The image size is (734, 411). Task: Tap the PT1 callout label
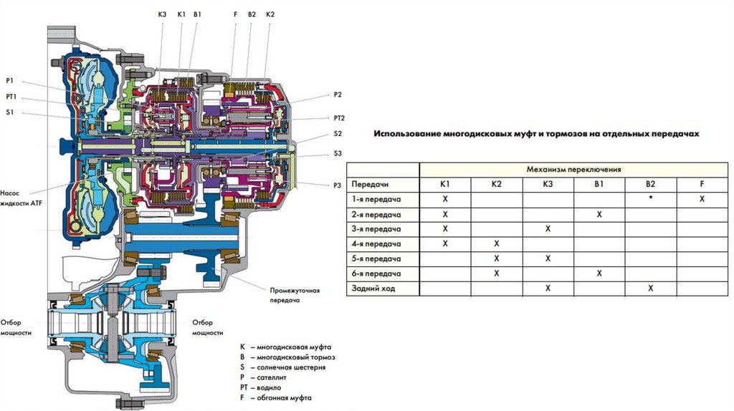11,97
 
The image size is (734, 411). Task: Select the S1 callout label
9,112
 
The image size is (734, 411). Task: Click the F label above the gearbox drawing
235,14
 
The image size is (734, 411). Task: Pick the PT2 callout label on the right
339,118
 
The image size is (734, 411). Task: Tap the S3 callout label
338,153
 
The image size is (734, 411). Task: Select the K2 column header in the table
496,184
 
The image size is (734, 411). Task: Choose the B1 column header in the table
599,184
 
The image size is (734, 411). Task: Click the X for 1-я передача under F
702,199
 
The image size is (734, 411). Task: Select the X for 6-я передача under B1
599,274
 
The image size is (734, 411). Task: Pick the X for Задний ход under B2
650,289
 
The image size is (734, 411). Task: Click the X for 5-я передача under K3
548,258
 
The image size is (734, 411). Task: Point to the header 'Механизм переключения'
573,170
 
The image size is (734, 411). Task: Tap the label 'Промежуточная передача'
295,296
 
